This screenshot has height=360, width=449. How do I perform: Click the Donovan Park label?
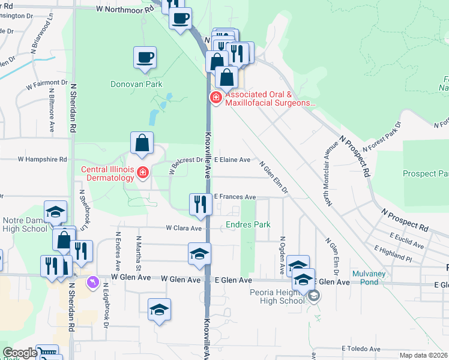[136, 85]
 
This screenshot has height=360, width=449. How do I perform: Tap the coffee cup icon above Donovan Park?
[145, 58]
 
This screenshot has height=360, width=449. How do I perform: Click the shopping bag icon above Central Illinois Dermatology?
[142, 143]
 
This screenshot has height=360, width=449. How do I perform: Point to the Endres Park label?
[248, 225]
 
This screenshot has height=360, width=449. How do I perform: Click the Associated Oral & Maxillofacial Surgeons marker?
[214, 97]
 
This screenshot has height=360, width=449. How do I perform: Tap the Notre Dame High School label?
[24, 224]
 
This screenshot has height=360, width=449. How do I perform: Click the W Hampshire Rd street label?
[41, 160]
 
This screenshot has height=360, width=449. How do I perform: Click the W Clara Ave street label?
[184, 228]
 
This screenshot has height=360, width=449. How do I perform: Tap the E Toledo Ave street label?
[361, 349]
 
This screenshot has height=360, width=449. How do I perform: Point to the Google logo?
[19, 353]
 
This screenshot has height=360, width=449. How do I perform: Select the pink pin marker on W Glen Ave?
[92, 281]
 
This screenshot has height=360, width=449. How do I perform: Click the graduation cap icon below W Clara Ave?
[199, 253]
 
